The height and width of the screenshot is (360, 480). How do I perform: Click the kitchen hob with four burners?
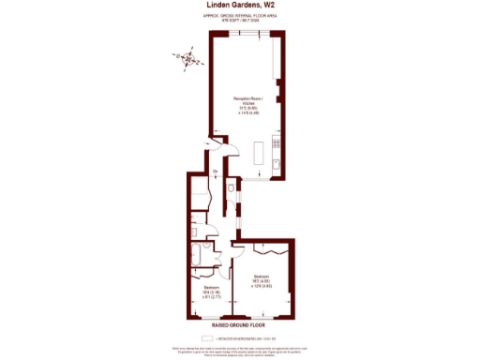coord(275,144)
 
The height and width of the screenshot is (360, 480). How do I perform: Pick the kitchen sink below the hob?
coord(275,163)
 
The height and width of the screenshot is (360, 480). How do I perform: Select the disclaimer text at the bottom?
coord(240,349)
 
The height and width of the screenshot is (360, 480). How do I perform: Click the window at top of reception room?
coord(243,33)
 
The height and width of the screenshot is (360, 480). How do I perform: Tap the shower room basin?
coord(193,232)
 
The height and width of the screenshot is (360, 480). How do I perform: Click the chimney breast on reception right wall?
coord(277,94)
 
